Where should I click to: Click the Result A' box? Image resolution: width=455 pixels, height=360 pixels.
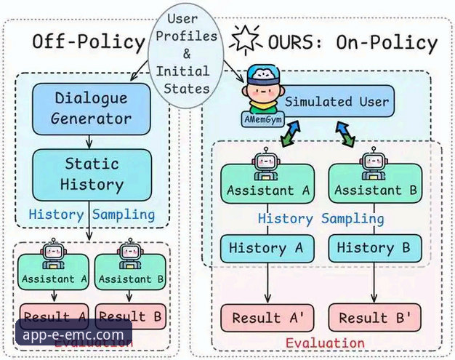click(266, 318)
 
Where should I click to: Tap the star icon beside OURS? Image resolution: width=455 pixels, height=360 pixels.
click(240, 38)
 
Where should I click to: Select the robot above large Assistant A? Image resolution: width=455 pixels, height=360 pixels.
click(266, 164)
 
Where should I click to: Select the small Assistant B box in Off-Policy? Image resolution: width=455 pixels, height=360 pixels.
click(132, 279)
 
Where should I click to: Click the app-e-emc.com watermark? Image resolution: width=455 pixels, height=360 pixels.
click(73, 335)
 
